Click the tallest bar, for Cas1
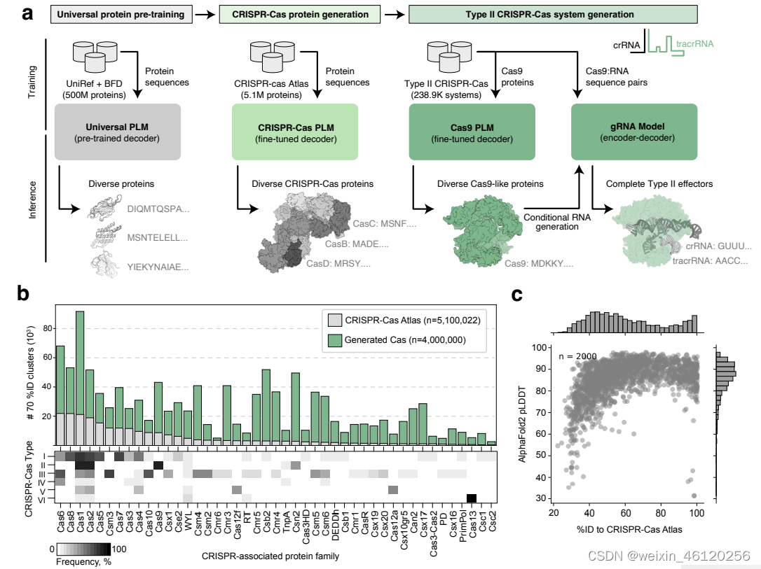81,378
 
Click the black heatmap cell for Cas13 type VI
472,498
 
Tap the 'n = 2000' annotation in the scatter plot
578,356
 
